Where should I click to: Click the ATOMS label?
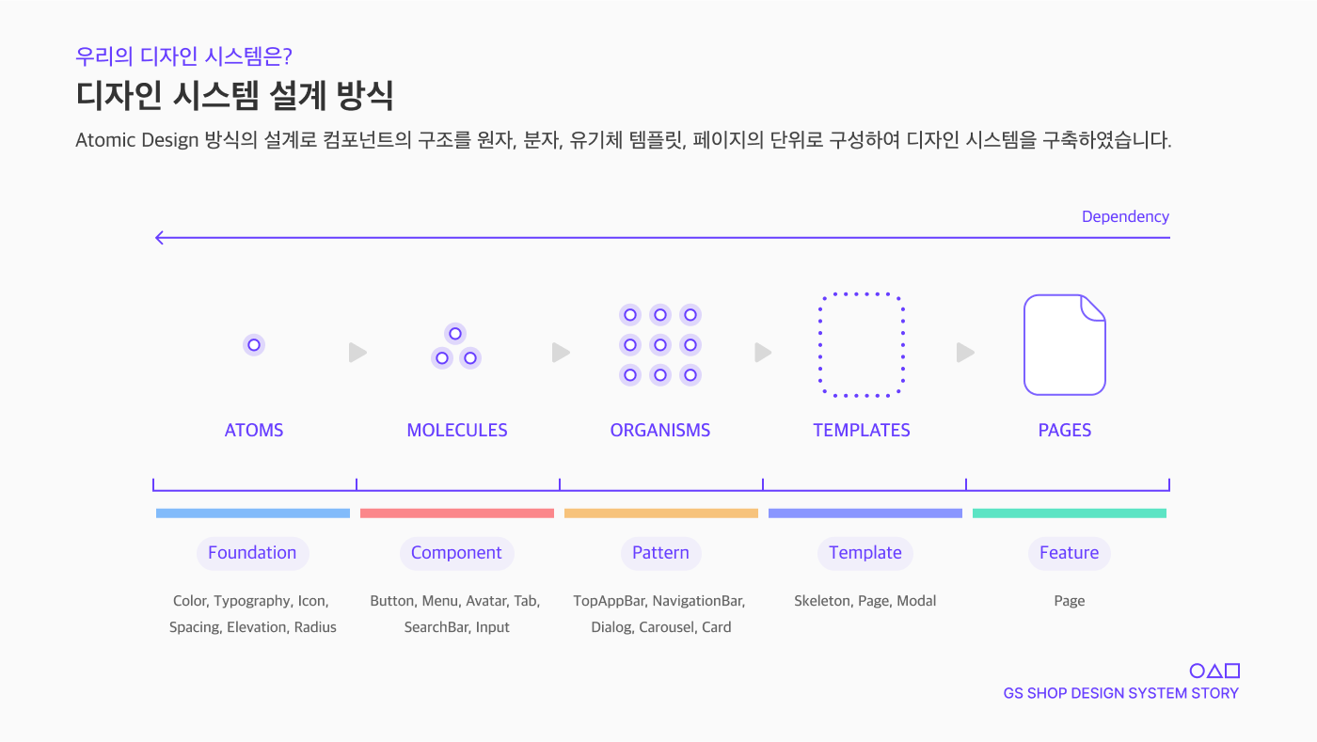click(x=254, y=431)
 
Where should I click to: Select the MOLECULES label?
click(x=457, y=431)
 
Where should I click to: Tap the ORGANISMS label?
click(x=660, y=431)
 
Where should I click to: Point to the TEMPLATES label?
click(x=862, y=431)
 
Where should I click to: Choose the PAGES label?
click(x=1065, y=431)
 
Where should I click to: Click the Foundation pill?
click(x=252, y=553)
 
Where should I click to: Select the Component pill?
click(x=456, y=553)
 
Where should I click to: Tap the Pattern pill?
click(x=660, y=553)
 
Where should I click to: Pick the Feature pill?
click(x=1069, y=553)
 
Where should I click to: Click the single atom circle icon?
click(x=254, y=345)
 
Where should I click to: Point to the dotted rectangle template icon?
click(x=862, y=345)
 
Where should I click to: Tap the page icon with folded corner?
click(x=1064, y=345)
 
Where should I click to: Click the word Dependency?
click(x=1125, y=217)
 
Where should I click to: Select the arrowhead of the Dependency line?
click(x=160, y=238)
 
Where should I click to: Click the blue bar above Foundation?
click(x=253, y=513)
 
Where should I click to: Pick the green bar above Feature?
click(x=1070, y=513)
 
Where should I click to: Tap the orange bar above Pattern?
click(x=661, y=513)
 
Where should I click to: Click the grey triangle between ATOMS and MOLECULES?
click(x=357, y=353)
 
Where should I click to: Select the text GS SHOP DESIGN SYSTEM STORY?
click(x=1121, y=694)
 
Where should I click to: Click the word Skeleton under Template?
click(x=821, y=601)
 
